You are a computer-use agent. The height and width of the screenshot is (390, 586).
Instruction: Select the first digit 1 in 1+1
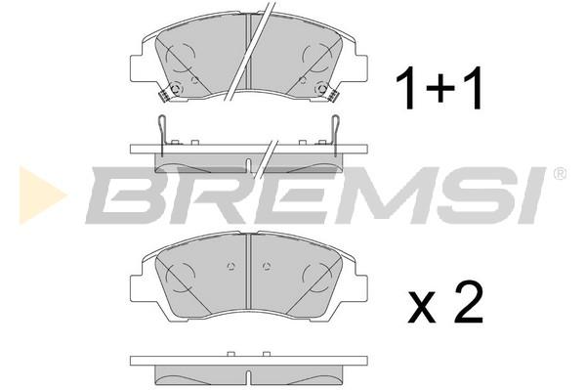coord(406,88)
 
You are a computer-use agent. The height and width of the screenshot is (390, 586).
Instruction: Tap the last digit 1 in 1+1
coord(472,88)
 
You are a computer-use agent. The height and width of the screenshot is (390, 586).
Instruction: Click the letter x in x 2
coord(422,309)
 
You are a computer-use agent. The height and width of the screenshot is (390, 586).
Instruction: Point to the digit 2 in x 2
coord(469,302)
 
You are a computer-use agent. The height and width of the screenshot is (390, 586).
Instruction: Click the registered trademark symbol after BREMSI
coord(559,174)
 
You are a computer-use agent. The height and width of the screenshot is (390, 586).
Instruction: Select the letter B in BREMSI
coord(129,195)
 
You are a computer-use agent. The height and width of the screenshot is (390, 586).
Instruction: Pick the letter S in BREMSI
coord(472,195)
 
